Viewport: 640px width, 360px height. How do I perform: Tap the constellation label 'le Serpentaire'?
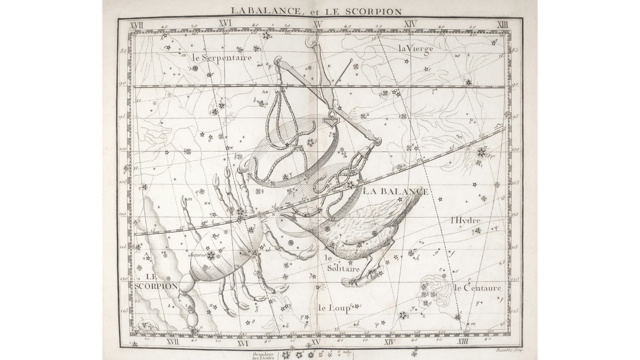222,57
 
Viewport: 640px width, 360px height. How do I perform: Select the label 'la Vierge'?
416,49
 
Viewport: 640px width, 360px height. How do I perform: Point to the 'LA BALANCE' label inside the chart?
395,191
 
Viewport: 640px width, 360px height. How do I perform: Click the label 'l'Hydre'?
465,220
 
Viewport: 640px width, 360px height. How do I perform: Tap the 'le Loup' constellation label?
334,308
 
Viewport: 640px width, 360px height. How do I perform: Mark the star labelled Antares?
211,256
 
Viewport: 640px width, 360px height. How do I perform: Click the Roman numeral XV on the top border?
318,24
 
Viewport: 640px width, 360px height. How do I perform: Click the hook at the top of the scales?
311,42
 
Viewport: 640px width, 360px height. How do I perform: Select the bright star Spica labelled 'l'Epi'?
481,153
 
